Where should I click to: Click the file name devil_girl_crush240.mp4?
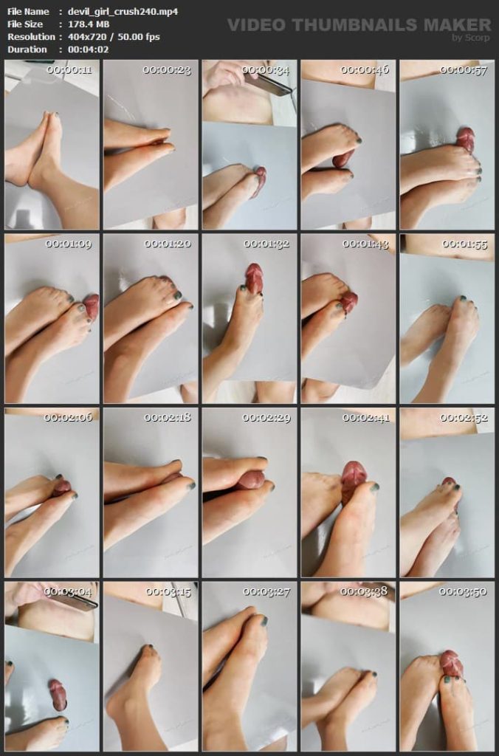pyautogui.click(x=123, y=12)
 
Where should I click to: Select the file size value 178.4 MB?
pyautogui.click(x=89, y=24)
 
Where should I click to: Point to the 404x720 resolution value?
pyautogui.click(x=88, y=37)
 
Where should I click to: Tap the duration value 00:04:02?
pyautogui.click(x=89, y=49)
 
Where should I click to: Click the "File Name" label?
pyautogui.click(x=28, y=12)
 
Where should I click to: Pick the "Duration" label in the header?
pyautogui.click(x=27, y=49)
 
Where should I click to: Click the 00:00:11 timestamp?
pyautogui.click(x=69, y=70)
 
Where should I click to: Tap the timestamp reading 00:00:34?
pyautogui.click(x=266, y=70)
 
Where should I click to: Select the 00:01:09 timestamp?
pyautogui.click(x=69, y=244)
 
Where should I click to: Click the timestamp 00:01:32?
pyautogui.click(x=266, y=244)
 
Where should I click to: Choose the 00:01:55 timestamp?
pyautogui.click(x=465, y=244)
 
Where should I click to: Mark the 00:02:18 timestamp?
pyautogui.click(x=168, y=418)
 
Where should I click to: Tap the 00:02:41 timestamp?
pyautogui.click(x=366, y=418)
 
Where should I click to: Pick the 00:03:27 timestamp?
pyautogui.click(x=266, y=591)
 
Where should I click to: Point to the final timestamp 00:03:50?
pyautogui.click(x=463, y=591)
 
